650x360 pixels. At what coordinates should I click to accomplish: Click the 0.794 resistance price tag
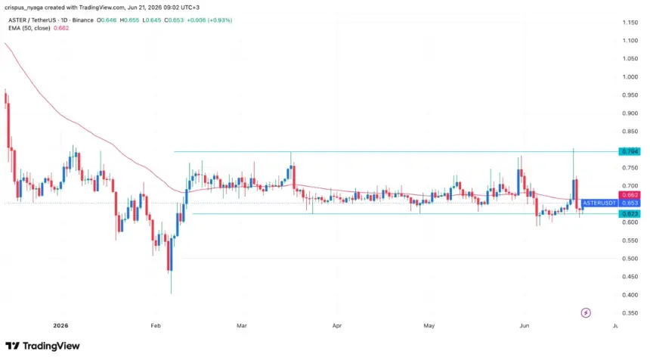[x=630, y=151]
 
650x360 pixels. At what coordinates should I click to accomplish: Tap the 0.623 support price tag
[x=630, y=213]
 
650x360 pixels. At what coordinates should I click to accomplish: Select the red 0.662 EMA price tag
[x=630, y=195]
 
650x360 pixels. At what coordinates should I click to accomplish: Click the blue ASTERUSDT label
[x=599, y=203]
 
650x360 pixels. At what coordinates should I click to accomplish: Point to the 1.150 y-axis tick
[x=630, y=23]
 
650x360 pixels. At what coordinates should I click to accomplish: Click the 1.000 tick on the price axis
[x=630, y=76]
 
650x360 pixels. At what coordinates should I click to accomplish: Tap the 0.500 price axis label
[x=630, y=259]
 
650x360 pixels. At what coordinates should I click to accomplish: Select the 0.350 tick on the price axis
[x=630, y=313]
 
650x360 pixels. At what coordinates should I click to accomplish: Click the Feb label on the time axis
[x=156, y=325]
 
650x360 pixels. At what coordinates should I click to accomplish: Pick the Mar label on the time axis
[x=242, y=325]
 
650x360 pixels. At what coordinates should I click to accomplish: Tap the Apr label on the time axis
[x=337, y=325]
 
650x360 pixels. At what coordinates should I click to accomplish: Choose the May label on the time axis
[x=429, y=325]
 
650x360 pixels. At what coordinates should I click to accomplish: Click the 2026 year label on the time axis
[x=60, y=325]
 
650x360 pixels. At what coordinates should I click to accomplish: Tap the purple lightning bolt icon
[x=586, y=312]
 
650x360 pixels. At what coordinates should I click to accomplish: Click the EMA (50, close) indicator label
[x=29, y=28]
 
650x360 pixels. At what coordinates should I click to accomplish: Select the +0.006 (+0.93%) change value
[x=209, y=20]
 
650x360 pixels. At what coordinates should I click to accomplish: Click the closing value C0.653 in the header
[x=173, y=20]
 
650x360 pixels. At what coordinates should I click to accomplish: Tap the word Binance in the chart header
[x=83, y=20]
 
